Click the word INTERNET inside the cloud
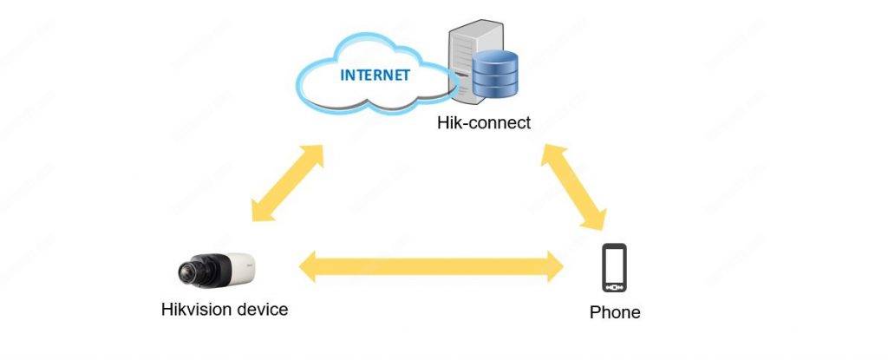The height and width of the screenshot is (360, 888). tap(375, 74)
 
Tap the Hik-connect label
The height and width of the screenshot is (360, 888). tap(484, 123)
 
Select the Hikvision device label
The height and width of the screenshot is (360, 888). tap(225, 309)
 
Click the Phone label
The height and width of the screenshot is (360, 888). tap(614, 311)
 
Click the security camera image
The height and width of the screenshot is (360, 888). tap(216, 269)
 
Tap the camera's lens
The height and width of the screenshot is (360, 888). tap(186, 273)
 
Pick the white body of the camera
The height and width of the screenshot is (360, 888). tap(230, 267)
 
